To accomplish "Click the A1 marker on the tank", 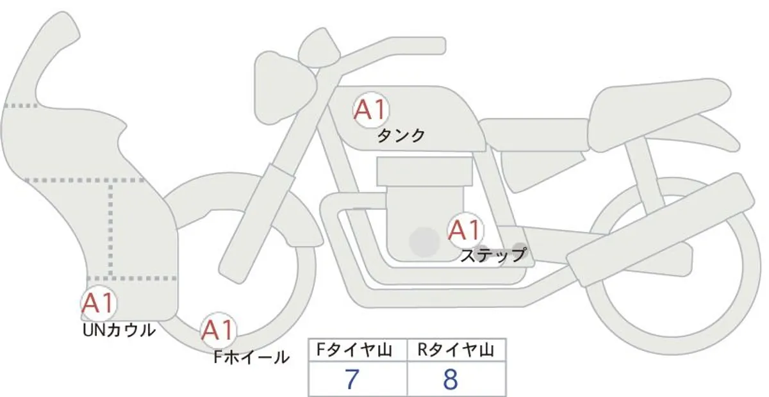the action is coord(371,109).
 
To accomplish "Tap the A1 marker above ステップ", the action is coord(465,229).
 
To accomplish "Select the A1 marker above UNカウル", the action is coord(99,303).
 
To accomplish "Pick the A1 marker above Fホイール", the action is coord(219,330).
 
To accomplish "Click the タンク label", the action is coord(401,136).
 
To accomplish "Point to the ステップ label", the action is coord(493,255).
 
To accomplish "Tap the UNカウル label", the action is coord(119,330).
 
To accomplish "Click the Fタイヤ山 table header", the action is coord(354,350).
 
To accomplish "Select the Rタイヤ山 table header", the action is coord(456,350).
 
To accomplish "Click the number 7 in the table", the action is coord(351,379).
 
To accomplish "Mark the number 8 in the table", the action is coord(451,379).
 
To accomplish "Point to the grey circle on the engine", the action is coord(424,242).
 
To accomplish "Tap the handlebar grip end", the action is coord(436,45).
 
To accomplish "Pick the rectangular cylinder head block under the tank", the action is coord(424,172).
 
